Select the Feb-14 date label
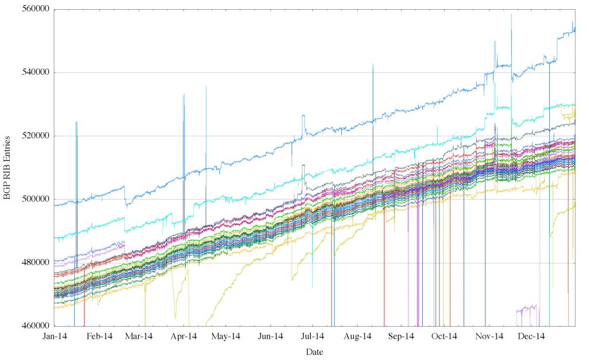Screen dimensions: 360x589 tap(99, 336)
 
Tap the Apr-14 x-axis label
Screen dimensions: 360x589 tap(184, 336)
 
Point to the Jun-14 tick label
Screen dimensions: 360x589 tap(270, 336)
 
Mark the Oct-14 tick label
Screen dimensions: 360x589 tap(444, 336)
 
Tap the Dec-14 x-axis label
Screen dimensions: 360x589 tap(531, 336)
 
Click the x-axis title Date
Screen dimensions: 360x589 tap(314, 351)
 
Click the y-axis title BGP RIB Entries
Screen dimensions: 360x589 tap(7, 168)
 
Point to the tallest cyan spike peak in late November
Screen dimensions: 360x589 tap(511, 14)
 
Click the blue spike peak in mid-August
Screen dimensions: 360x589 tap(373, 64)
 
